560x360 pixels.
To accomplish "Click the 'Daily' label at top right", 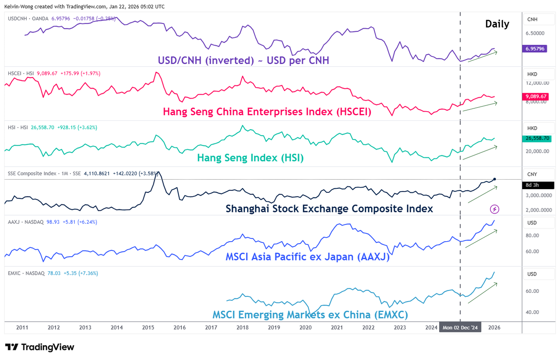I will (x=497, y=24).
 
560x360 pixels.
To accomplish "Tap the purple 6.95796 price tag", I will (x=535, y=49).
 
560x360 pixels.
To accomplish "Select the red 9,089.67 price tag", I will (x=536, y=96).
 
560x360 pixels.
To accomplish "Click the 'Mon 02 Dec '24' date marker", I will (x=460, y=328).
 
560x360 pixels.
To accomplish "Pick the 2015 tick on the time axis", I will (x=148, y=328).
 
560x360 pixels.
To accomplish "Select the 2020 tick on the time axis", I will (x=305, y=328).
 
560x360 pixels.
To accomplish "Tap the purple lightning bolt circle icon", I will (x=494, y=209).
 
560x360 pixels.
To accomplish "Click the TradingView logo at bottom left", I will (x=39, y=347).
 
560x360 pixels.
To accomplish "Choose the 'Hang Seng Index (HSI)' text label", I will (x=250, y=158).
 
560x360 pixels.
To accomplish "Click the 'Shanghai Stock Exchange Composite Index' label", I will (x=329, y=209).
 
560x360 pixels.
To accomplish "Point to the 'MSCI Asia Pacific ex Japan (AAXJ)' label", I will (x=307, y=257).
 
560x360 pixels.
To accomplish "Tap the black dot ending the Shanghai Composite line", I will (x=495, y=179).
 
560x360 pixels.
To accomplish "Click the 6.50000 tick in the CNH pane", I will (x=535, y=33).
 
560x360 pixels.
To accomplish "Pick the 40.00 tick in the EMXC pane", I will (x=532, y=312).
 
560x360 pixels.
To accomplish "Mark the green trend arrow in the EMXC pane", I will (x=482, y=293).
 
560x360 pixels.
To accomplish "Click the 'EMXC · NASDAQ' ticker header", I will (x=26, y=274).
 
